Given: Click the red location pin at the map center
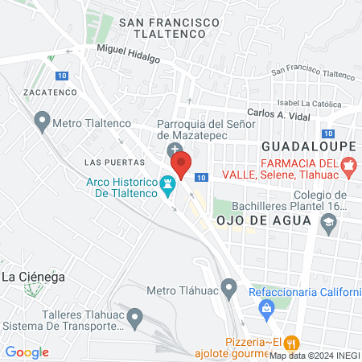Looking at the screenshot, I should (x=182, y=166).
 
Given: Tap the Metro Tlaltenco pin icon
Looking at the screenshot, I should (x=42, y=123).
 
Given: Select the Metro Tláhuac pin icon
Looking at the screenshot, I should (x=229, y=287).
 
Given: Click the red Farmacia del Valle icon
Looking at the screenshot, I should (x=348, y=167).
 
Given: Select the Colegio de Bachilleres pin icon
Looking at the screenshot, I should (x=327, y=228).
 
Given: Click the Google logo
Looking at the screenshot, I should (x=27, y=352).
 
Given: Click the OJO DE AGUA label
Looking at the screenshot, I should (x=257, y=220).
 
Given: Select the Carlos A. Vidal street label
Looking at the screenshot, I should (x=278, y=114).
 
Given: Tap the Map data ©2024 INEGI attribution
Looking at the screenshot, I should (x=313, y=355).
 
